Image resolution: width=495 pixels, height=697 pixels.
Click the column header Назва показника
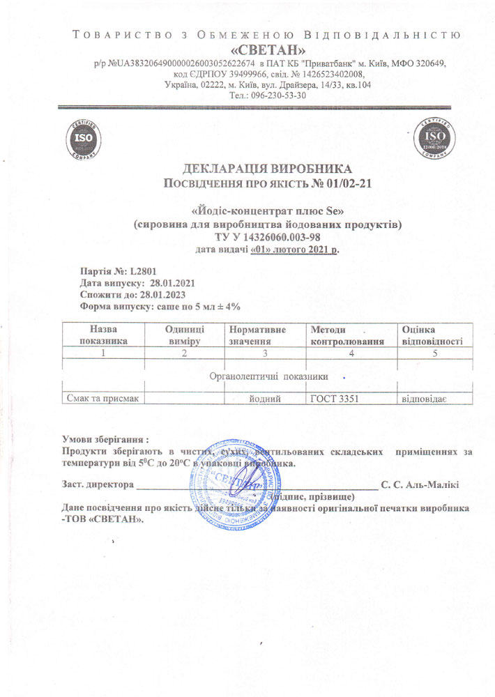[104, 335]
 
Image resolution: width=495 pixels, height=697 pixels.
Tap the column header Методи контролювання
[347, 335]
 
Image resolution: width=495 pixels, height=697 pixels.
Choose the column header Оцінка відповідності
[431, 335]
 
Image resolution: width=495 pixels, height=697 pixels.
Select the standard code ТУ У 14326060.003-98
[268, 238]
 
